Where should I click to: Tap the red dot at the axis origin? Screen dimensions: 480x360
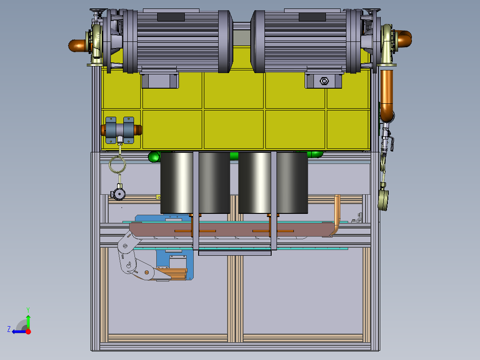click(28, 331)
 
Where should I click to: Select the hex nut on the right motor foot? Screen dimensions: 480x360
click(324, 81)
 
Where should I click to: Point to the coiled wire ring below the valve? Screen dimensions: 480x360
click(118, 164)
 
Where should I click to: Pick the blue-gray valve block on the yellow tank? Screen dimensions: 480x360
click(120, 130)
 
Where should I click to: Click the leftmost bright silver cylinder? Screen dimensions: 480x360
click(177, 183)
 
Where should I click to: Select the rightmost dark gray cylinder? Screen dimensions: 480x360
click(293, 183)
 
